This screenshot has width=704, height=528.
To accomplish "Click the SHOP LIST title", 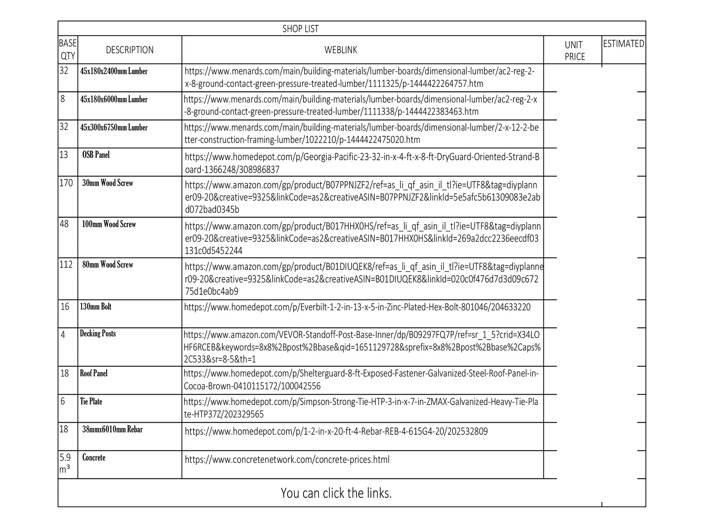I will point(300,29).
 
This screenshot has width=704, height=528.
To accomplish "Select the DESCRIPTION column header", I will point(130,50).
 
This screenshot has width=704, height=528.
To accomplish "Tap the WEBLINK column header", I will point(340,50).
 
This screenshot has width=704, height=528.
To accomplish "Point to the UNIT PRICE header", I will point(574,51).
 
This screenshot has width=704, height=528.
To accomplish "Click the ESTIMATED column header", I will point(623,44).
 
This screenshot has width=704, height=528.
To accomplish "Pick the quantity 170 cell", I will point(66,183).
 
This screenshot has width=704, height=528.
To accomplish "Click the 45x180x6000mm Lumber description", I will point(114,99).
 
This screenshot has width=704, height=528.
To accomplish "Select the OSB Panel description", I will point(96,155).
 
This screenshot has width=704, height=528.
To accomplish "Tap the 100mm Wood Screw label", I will point(109,224).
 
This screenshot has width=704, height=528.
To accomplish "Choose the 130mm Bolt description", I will point(96,307).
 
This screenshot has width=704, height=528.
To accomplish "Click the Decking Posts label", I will point(98,333).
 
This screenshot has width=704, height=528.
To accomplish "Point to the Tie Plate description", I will point(91,401).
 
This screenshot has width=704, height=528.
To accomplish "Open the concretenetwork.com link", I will point(287,460).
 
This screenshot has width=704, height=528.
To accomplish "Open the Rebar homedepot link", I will point(336,431).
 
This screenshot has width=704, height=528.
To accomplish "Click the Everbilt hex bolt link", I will point(357,307).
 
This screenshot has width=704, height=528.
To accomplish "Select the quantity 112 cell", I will point(66,265).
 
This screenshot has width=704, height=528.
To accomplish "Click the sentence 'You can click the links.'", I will point(336,493).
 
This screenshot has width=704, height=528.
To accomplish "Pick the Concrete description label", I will point(94,457).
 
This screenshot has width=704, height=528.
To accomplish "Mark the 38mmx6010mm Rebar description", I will point(112,430).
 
